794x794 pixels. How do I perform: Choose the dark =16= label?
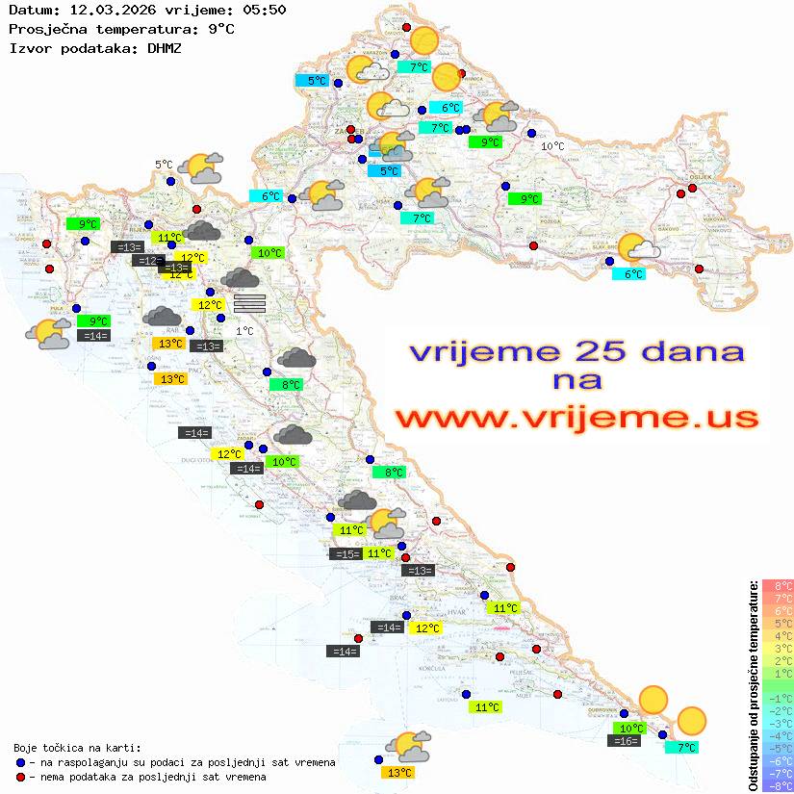(625, 741)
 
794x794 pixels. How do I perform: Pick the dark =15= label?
(346, 553)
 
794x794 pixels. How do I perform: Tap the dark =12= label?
(147, 261)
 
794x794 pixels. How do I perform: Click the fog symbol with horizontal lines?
(249, 303)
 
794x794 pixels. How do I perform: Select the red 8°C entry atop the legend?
(778, 585)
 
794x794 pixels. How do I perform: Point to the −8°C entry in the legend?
(778, 785)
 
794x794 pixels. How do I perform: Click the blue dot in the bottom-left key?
(21, 762)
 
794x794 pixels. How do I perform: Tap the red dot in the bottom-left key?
(21, 777)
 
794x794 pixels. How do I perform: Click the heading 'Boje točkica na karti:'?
(77, 748)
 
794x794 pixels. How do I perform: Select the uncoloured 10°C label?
(552, 146)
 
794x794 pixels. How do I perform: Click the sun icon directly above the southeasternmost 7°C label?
(691, 720)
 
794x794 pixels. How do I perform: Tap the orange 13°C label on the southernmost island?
(397, 772)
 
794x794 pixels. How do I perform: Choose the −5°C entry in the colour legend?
(778, 748)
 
